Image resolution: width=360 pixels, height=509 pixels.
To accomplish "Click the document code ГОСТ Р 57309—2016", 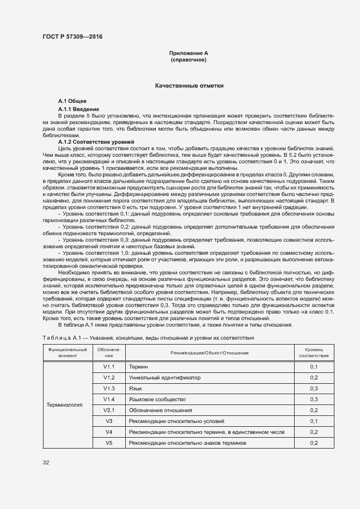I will [72, 36].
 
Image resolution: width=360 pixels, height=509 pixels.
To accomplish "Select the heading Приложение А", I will [188, 53].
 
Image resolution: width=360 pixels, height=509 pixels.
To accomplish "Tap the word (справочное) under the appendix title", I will [188, 59].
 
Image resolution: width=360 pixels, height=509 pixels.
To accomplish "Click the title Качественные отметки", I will [188, 86].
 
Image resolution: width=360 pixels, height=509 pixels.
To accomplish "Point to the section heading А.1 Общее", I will [72, 102].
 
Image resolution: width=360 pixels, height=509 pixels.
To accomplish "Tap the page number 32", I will [46, 463].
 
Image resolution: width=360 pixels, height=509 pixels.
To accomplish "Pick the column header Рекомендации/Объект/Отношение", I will [210, 352].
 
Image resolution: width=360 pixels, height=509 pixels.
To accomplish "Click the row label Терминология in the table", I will [64, 405].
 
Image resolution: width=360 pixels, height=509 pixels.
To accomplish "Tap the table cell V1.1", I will [108, 367].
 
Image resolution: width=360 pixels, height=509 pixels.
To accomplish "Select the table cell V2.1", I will [108, 410].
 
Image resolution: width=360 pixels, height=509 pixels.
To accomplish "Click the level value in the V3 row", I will [314, 421].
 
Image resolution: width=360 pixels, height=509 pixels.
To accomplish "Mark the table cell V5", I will [108, 443].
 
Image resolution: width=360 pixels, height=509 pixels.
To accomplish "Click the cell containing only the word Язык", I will [136, 388].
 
